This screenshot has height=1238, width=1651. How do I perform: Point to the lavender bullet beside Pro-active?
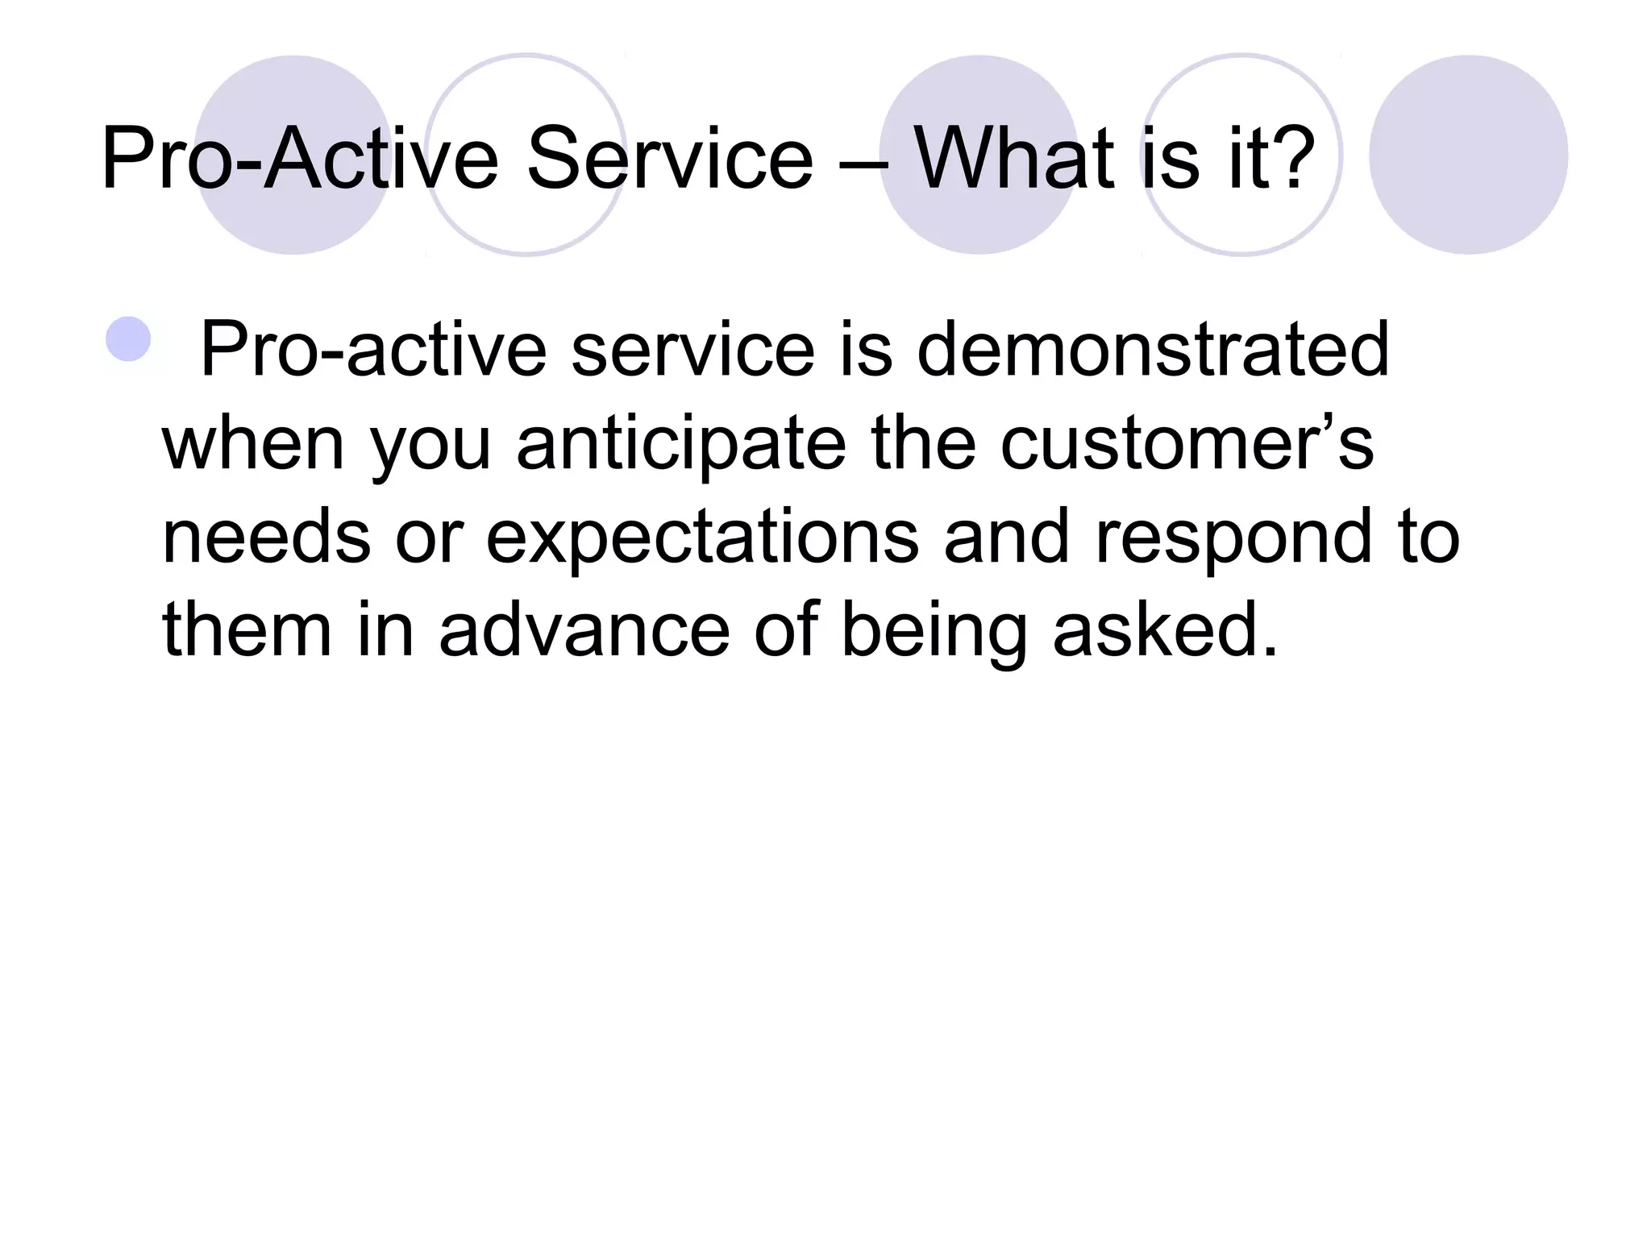(128, 339)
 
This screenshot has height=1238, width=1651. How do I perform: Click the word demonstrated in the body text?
(1153, 350)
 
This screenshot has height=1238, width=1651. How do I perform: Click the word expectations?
(702, 538)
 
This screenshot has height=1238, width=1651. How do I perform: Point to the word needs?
(266, 538)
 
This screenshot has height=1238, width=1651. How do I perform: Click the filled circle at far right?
(1468, 155)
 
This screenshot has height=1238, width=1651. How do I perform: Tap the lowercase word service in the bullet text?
(692, 350)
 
